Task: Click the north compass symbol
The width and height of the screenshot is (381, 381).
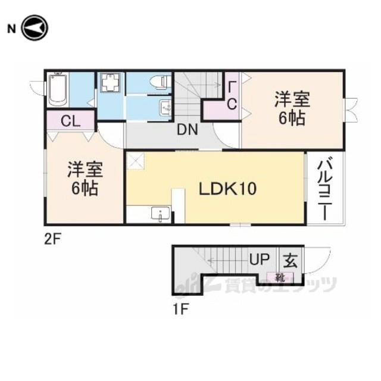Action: point(35,28)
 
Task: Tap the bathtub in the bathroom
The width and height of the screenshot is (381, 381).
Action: point(58,89)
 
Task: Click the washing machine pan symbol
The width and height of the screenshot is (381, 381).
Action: point(111,82)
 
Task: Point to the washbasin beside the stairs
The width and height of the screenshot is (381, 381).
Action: point(165,107)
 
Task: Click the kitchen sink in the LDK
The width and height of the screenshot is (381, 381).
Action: point(161,214)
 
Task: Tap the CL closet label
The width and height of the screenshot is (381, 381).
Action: point(70,121)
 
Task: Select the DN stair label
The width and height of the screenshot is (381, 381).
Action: point(187,130)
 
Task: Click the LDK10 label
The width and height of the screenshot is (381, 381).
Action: point(227,189)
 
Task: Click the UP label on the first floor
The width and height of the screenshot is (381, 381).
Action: point(260,259)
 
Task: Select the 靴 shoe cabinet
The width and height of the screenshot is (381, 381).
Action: point(280,277)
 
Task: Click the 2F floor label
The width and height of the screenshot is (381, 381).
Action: point(53,240)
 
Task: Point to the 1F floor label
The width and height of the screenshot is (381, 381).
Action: point(180,309)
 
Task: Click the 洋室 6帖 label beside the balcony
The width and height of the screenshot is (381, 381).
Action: point(292,108)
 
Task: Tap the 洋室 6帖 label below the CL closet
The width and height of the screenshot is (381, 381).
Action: point(85,179)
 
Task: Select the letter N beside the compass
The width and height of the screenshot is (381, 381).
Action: point(12,29)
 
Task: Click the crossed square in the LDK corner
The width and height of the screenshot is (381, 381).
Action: point(135,161)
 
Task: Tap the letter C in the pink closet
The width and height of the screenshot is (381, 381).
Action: point(232,104)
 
